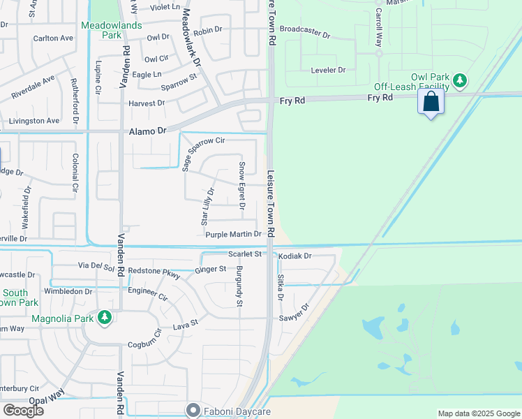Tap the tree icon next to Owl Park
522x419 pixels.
point(460,81)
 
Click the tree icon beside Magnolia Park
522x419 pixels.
point(105,318)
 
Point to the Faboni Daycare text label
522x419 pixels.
point(237,411)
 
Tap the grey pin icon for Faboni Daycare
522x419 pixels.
point(192,411)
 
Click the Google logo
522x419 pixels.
point(23,411)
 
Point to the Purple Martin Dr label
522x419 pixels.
point(233,235)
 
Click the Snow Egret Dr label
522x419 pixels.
point(241,185)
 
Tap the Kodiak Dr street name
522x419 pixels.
point(294,256)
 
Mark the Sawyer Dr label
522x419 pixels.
point(294,316)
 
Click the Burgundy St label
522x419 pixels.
point(239,286)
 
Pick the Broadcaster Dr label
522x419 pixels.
point(308,29)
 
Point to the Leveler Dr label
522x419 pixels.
point(327,70)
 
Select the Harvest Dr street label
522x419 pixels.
point(147,103)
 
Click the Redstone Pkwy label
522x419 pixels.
point(154,272)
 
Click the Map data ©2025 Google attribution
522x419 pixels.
point(478,413)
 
